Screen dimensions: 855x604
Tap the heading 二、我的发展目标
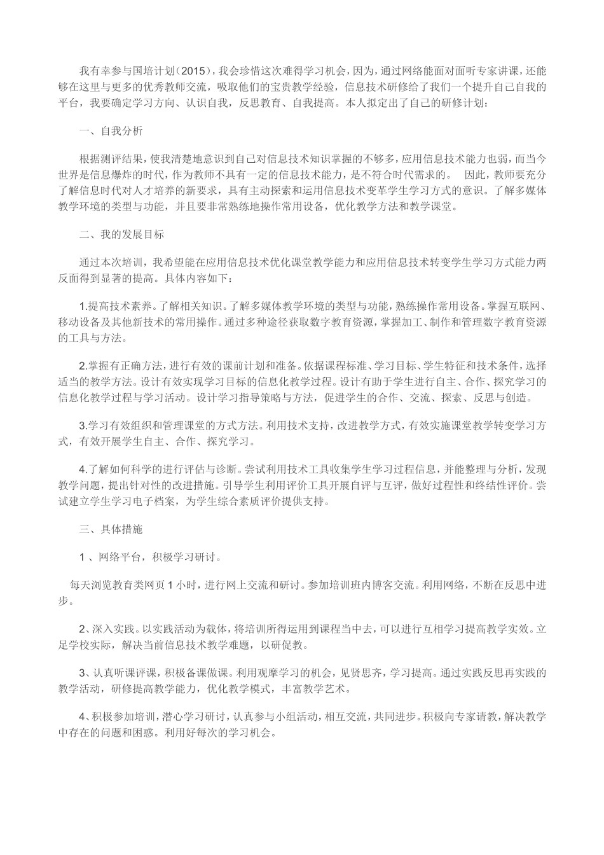pyautogui.click(x=121, y=234)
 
